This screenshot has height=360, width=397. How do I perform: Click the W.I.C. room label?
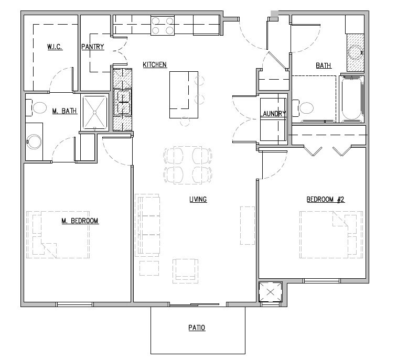coord(55,47)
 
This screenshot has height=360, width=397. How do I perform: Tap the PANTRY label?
coord(93,47)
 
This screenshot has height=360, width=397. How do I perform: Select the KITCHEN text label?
coord(155,65)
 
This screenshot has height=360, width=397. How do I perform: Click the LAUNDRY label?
coord(274,114)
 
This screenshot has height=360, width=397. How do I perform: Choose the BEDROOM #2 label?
coord(325,199)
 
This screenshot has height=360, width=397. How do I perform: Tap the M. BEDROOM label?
coord(80,221)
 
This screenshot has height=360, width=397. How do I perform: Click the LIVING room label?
coord(198,199)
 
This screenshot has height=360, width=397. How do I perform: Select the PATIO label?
coord(197,329)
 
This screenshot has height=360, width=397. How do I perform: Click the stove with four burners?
coord(163,25)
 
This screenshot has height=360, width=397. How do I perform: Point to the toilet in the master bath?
coord(38,108)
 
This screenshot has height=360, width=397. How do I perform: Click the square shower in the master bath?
coord(95,112)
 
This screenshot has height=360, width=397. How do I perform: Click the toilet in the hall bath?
coord(305,108)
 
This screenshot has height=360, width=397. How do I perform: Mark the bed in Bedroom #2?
coord(331,234)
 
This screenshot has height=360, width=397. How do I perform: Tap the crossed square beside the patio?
coord(271,291)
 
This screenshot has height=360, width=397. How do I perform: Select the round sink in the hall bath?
coord(356,52)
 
